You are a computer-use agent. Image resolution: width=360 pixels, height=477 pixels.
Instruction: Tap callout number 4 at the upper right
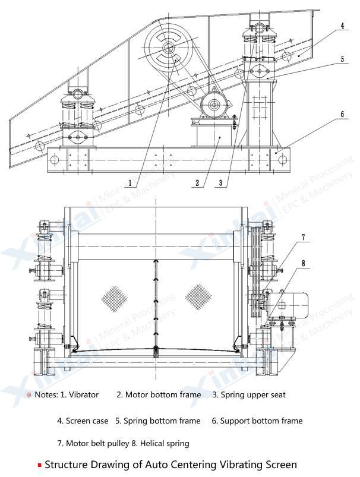tap(343, 27)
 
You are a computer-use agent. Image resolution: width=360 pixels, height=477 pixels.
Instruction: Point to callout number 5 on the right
tap(343, 59)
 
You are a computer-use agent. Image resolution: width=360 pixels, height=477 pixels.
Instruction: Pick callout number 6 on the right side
tap(343, 114)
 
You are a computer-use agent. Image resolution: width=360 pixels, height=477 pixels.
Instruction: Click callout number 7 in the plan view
tap(303, 238)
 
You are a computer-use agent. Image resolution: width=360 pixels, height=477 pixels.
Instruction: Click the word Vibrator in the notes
tap(84, 394)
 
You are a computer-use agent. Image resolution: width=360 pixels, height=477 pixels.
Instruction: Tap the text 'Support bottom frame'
tap(261, 421)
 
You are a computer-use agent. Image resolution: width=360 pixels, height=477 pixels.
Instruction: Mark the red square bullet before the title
tap(39, 465)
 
